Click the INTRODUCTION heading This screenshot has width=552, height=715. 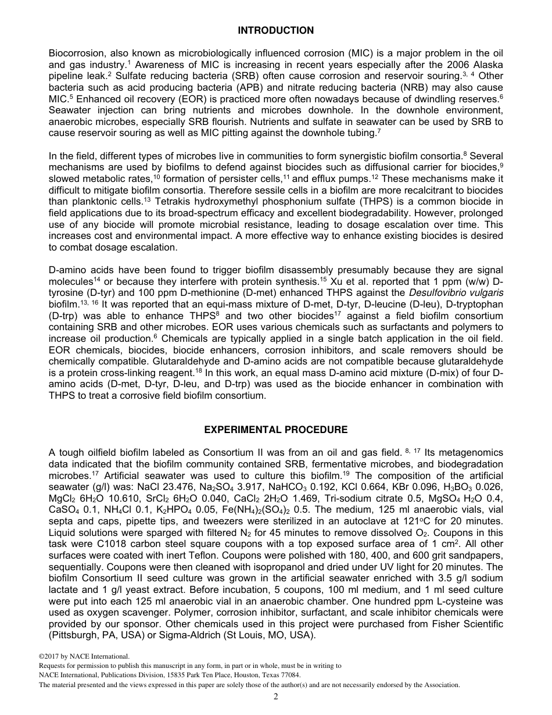(x=275, y=31)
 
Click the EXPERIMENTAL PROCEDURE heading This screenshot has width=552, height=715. (x=275, y=430)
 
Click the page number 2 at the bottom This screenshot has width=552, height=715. (x=276, y=697)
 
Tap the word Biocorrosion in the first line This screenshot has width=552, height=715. (x=74, y=53)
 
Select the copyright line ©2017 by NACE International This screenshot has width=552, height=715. (x=84, y=657)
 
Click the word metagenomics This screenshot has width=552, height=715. (x=470, y=453)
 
